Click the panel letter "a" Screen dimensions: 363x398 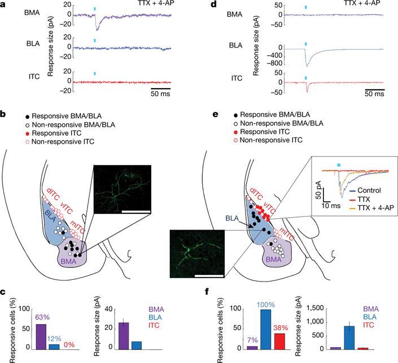pos(3,5)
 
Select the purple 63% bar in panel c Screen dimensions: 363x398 pos(41,336)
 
